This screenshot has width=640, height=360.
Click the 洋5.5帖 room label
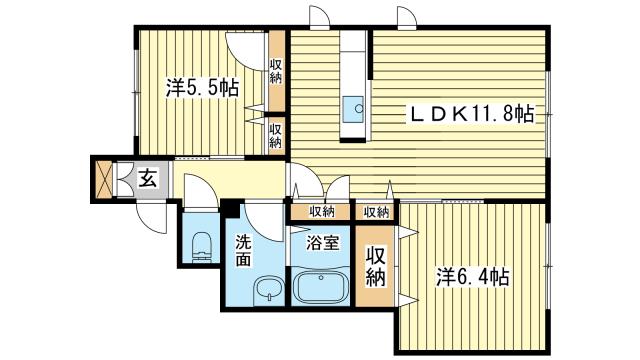click(x=202, y=87)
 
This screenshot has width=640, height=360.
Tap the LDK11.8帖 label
click(x=471, y=113)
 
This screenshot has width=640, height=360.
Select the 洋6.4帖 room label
click(x=473, y=277)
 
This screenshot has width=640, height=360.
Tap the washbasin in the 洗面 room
click(x=268, y=289)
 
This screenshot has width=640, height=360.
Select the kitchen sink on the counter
click(x=353, y=109)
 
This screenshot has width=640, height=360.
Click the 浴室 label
click(x=322, y=244)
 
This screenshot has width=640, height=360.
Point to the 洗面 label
click(x=243, y=251)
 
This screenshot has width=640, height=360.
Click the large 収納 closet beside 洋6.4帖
click(x=375, y=266)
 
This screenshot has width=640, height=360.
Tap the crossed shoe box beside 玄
click(x=103, y=179)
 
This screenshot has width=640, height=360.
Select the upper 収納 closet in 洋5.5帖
click(x=276, y=71)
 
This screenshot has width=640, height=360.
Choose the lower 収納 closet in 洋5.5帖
click(x=276, y=135)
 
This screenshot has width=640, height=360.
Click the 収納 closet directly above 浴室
click(x=321, y=212)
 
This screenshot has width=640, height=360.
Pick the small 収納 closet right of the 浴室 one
click(x=375, y=212)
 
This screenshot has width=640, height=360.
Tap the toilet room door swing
click(x=200, y=190)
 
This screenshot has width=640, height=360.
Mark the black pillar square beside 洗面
click(x=232, y=208)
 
